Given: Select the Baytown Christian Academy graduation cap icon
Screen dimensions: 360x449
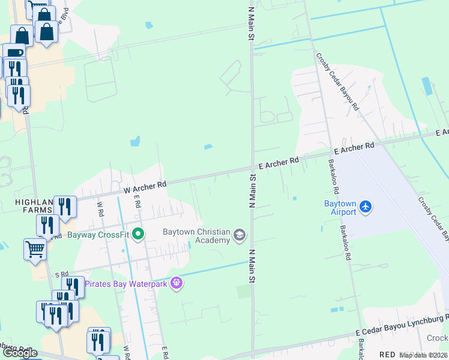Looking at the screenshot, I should [x=240, y=235].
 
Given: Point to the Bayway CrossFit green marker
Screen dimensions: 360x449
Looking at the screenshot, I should [x=138, y=234].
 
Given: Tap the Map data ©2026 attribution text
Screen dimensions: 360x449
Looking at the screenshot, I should [x=423, y=355].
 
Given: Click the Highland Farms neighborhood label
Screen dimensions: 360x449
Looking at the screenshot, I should [x=26, y=208].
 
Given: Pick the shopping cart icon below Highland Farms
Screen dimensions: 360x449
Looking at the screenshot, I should [x=35, y=248].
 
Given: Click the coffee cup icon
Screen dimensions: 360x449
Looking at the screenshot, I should [x=14, y=53].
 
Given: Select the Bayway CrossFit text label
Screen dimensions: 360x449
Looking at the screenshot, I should [x=98, y=235].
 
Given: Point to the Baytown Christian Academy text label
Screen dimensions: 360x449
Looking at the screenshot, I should [x=196, y=236].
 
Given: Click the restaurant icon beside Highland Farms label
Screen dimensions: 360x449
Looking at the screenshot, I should [x=65, y=207].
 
